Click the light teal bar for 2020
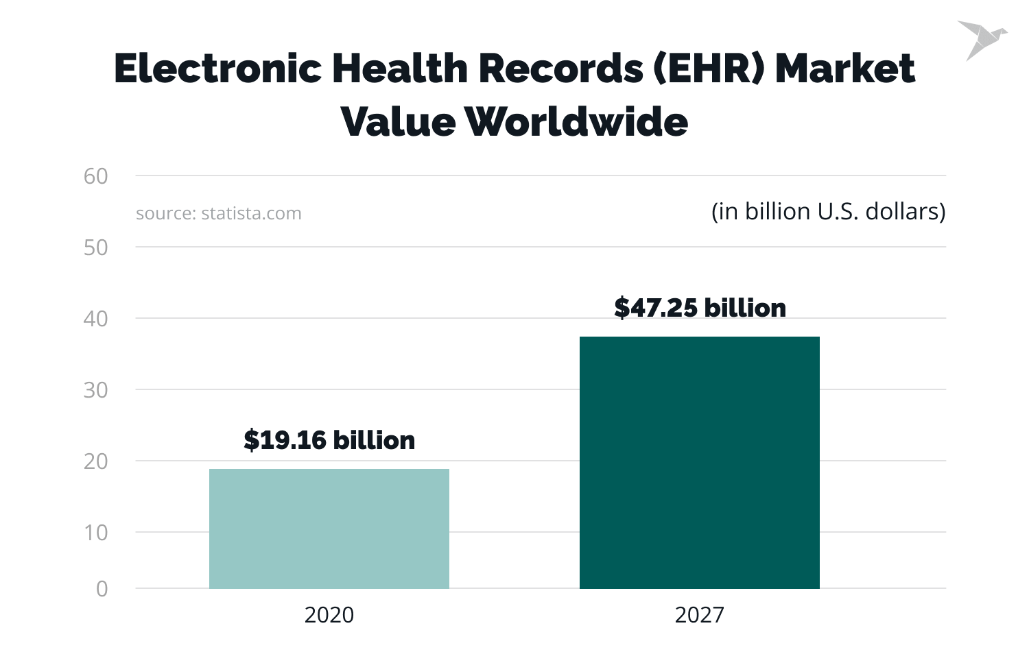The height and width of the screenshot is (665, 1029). (x=329, y=529)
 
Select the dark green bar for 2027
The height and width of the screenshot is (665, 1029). (x=699, y=462)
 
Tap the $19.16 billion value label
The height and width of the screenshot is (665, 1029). (x=329, y=440)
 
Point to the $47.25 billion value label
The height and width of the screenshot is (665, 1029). (x=700, y=308)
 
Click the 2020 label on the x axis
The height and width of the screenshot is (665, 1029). (x=329, y=615)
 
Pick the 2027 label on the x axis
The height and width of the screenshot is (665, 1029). (x=699, y=615)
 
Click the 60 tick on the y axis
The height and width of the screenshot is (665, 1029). (x=96, y=176)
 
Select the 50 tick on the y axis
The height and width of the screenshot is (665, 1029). (x=96, y=247)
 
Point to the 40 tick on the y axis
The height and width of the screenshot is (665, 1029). (x=96, y=319)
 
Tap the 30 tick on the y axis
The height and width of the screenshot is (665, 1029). (x=96, y=390)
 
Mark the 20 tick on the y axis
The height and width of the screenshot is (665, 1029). (x=96, y=461)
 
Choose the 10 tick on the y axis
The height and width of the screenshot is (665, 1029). (x=96, y=533)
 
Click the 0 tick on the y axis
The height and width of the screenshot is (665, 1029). (x=102, y=589)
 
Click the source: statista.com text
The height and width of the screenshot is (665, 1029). (x=219, y=213)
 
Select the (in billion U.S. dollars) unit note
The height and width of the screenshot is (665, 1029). (x=828, y=211)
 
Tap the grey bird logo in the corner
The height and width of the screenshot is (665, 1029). (x=982, y=40)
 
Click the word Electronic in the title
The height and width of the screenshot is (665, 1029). (x=218, y=69)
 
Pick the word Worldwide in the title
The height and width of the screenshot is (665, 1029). (x=576, y=122)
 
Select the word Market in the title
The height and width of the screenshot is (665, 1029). (x=845, y=69)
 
